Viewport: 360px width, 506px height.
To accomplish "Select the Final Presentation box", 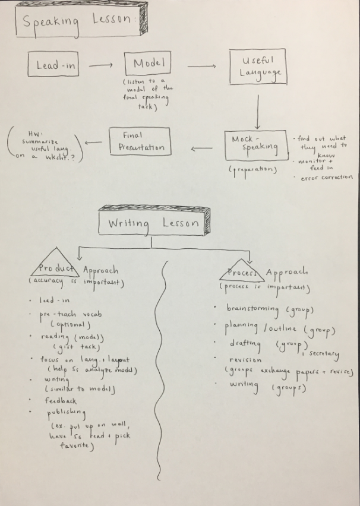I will pos(137,141).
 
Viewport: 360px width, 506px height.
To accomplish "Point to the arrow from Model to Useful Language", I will pos(201,67).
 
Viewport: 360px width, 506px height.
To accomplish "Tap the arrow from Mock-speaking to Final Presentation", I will pos(202,148).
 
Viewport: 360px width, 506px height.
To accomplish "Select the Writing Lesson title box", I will pos(151,223).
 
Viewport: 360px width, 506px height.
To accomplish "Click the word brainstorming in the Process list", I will pos(252,309).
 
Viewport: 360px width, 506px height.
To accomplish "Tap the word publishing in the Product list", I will pos(67,413).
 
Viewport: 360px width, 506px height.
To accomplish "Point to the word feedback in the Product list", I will pos(61,401).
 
